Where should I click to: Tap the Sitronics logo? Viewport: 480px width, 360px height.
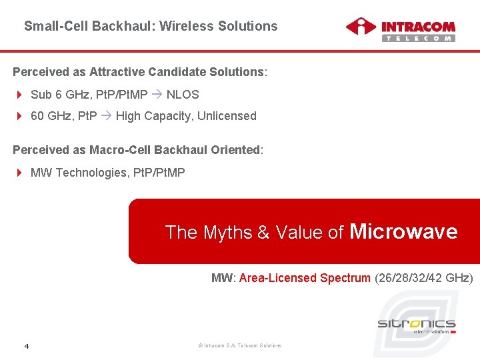click(x=417, y=325)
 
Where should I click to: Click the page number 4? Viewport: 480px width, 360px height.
click(x=26, y=345)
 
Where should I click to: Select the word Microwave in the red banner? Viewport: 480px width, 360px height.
click(x=403, y=231)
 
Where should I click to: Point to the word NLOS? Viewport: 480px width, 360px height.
click(x=183, y=95)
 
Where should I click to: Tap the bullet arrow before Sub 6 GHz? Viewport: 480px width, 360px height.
click(x=19, y=95)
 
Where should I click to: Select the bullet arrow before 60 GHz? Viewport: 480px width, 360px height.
click(x=19, y=116)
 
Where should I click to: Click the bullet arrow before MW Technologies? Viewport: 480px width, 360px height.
click(x=19, y=173)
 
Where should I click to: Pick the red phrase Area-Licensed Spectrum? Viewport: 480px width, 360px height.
click(x=305, y=278)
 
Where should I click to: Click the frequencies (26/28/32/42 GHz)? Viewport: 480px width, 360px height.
click(x=423, y=278)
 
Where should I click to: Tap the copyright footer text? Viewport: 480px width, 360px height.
click(x=240, y=345)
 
